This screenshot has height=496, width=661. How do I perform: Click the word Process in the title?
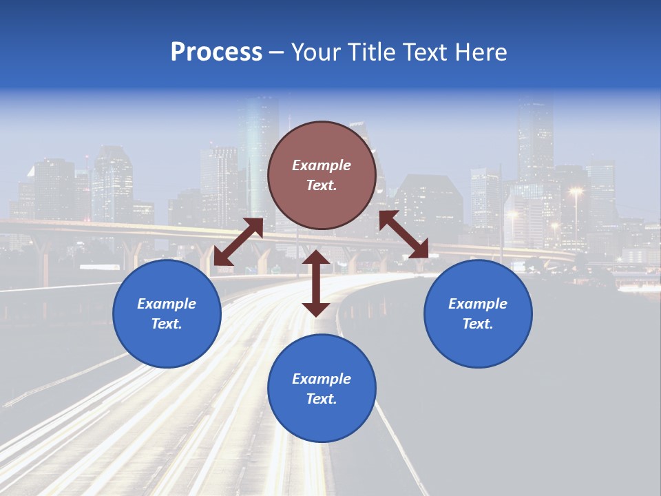click(216, 52)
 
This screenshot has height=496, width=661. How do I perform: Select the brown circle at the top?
click(322, 175)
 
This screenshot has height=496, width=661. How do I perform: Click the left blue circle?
click(167, 313)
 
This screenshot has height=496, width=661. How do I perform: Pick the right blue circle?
click(478, 313)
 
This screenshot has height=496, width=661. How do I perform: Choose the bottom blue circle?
click(322, 388)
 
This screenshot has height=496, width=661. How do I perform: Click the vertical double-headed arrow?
click(316, 283)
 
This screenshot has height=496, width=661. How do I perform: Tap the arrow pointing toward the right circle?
click(404, 234)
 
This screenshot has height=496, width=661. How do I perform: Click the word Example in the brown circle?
click(322, 165)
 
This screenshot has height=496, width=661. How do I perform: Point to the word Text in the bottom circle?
click(320, 399)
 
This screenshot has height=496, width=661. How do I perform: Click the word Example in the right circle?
click(478, 304)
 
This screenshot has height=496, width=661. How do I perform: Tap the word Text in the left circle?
click(165, 324)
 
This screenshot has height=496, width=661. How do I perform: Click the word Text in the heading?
click(425, 52)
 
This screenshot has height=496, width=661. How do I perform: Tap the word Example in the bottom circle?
click(322, 379)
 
